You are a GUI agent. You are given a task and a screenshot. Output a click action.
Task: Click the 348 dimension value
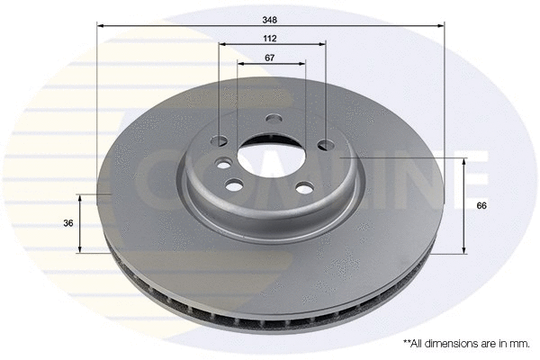270,18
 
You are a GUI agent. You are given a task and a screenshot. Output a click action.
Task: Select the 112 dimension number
270,39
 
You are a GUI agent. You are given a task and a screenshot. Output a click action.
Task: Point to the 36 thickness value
67,223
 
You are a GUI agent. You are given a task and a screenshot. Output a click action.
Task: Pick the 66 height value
481,206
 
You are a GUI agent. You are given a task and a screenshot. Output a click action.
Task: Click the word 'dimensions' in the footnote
454,343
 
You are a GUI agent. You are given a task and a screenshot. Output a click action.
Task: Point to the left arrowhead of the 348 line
100,26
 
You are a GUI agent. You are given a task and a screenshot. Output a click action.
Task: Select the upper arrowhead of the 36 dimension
81,197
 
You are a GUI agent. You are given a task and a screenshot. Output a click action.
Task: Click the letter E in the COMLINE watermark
472,171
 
